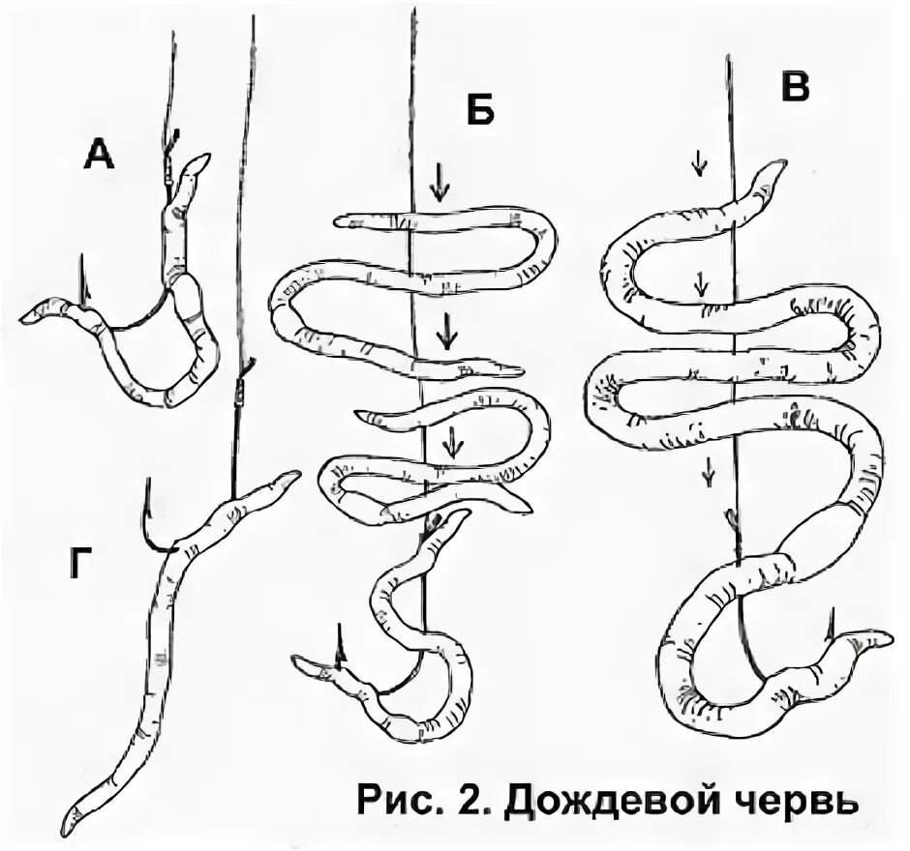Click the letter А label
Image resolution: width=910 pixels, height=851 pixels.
[x=99, y=152]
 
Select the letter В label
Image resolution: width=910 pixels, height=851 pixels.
[x=794, y=88]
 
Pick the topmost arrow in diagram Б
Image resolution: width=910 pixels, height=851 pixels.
[x=440, y=181]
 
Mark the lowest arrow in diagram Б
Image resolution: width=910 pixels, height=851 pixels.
[x=452, y=444]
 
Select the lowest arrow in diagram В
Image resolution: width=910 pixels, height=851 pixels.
[x=709, y=471]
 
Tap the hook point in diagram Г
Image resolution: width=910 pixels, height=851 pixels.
[x=146, y=482]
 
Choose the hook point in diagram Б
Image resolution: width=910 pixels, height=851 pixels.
[x=339, y=631]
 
